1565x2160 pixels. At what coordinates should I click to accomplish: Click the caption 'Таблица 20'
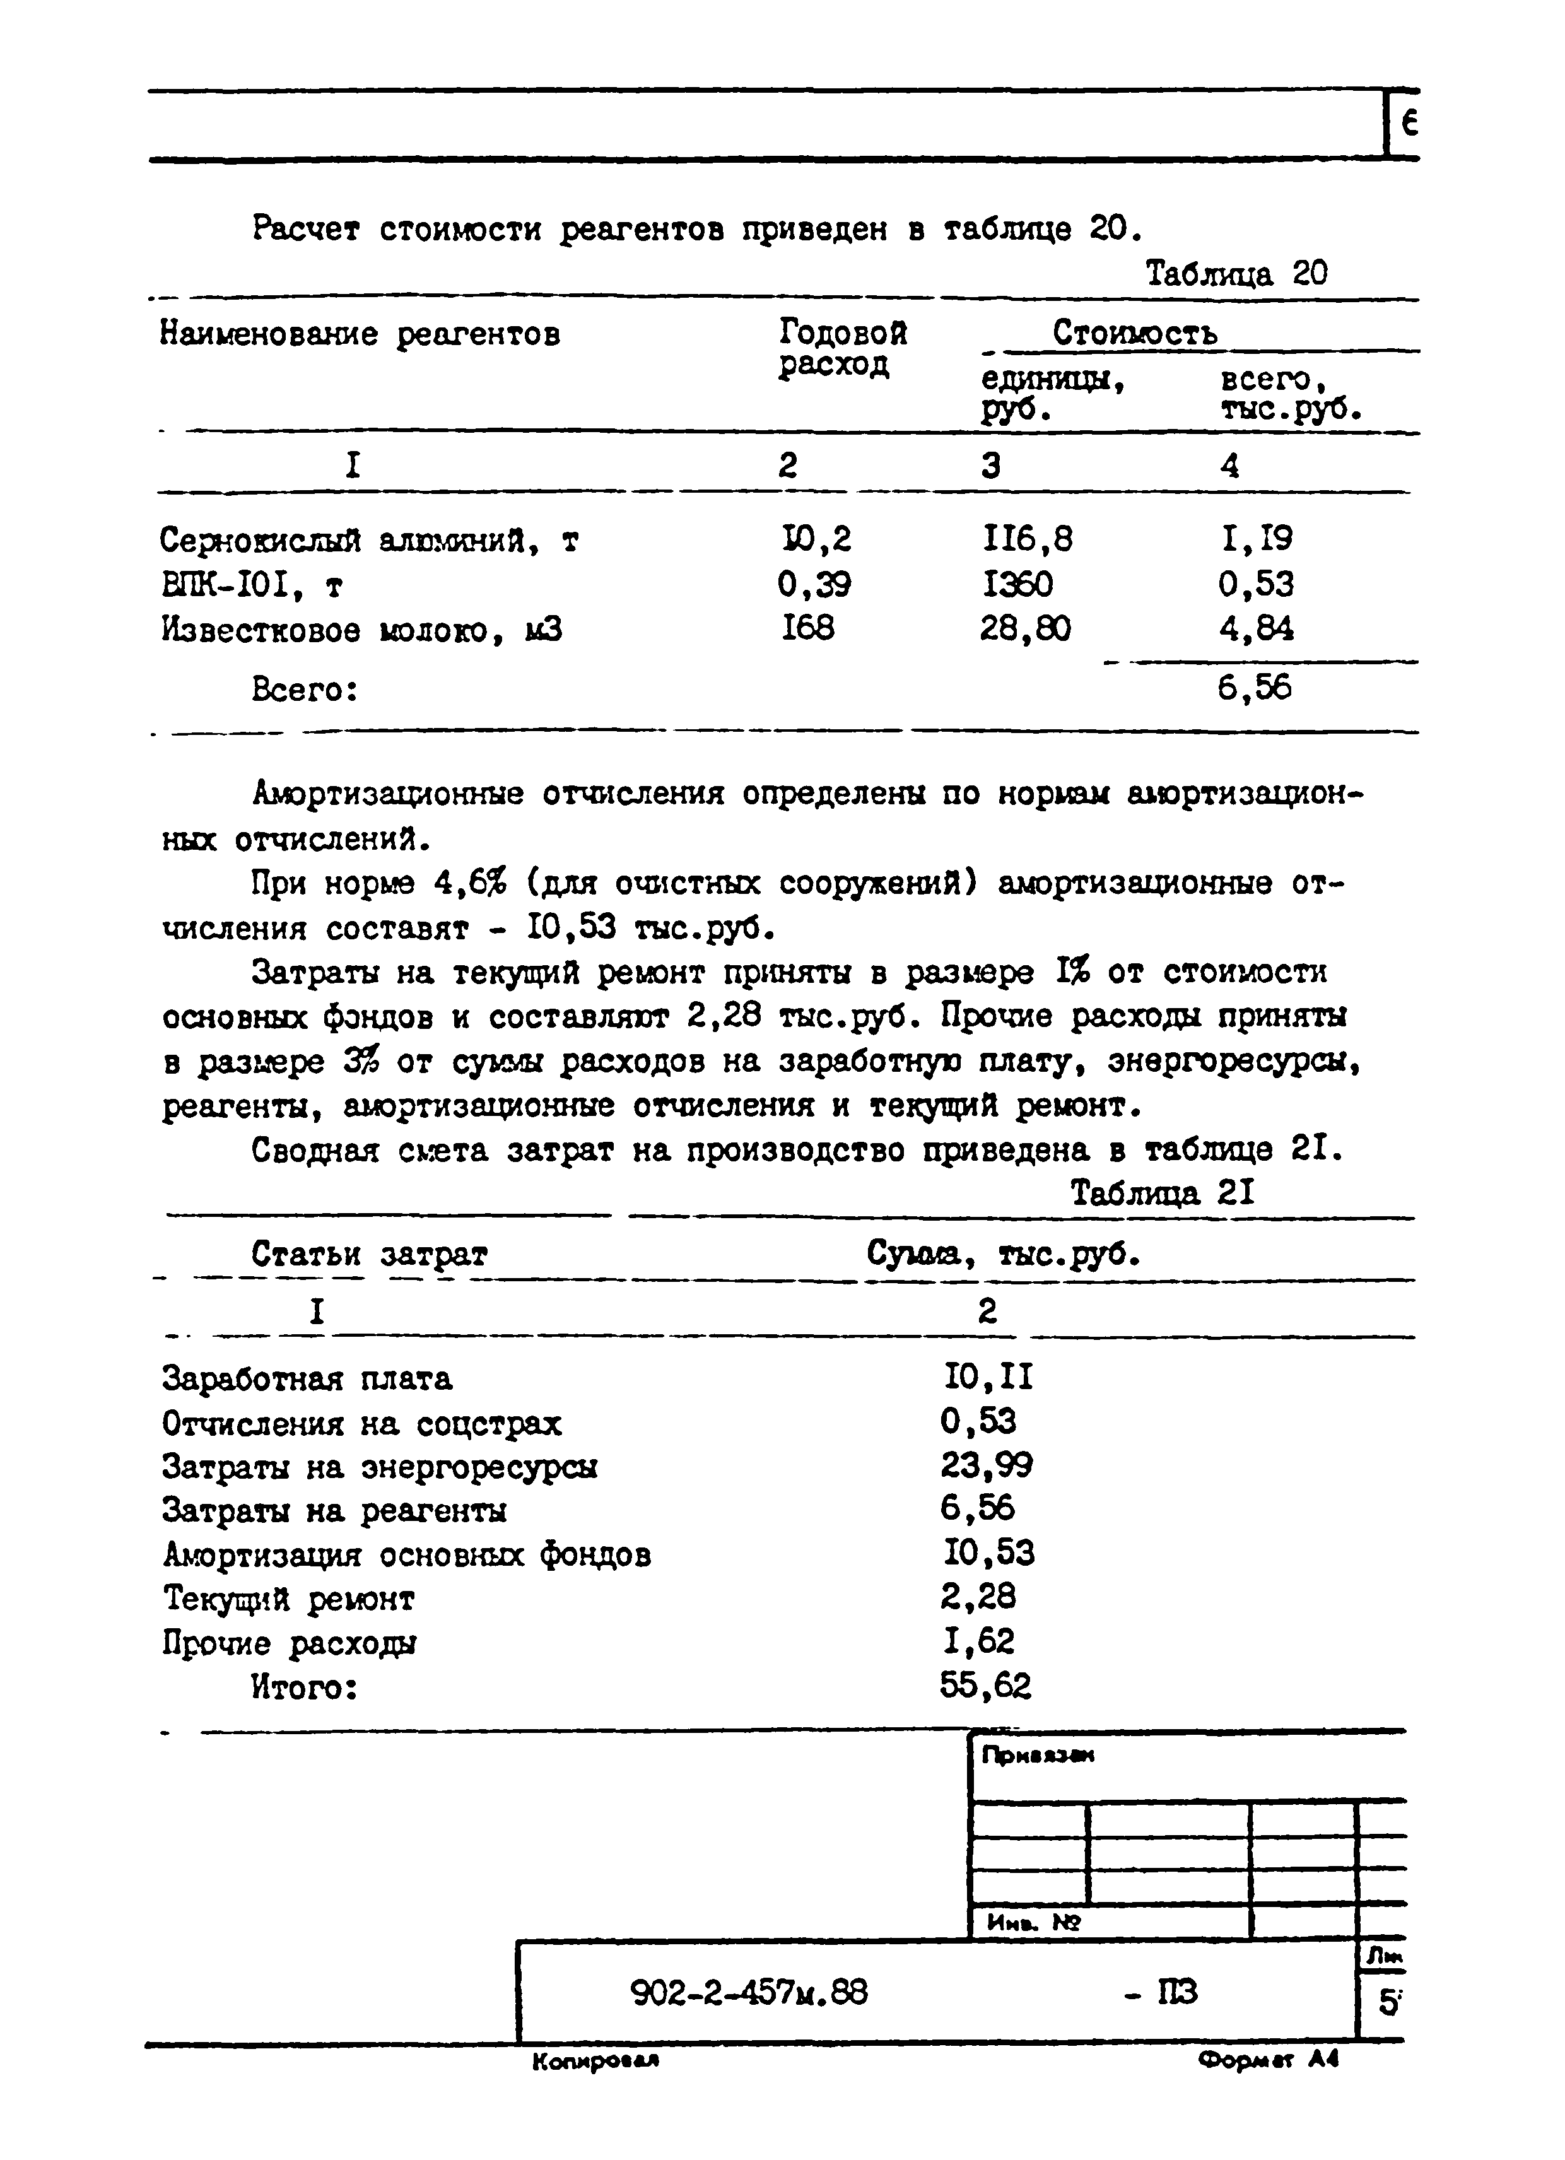[x=1236, y=274]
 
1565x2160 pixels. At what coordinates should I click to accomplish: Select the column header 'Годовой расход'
[x=842, y=349]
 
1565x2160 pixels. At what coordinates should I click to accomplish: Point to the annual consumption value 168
[x=807, y=628]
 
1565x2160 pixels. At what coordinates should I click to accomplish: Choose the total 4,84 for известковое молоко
[x=1255, y=630]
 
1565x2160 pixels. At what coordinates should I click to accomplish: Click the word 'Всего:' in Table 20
[x=305, y=690]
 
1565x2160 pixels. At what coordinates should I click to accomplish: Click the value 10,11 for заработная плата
[x=988, y=1377]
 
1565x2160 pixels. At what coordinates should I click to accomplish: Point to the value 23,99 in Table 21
[x=987, y=1465]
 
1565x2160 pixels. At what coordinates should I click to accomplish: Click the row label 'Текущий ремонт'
[x=289, y=1599]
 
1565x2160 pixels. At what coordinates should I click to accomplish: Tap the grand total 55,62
[x=985, y=1687]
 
